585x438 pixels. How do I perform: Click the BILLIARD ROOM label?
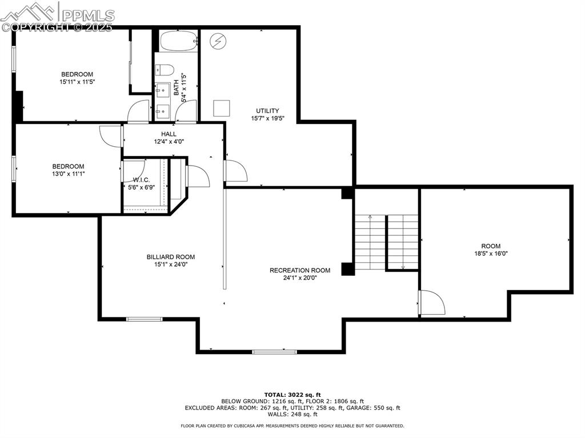170,257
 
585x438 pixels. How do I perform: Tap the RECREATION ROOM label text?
300,270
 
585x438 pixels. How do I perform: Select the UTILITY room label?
267,111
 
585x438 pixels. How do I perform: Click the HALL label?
169,134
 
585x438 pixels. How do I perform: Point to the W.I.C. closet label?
141,180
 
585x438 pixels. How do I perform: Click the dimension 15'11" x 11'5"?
77,82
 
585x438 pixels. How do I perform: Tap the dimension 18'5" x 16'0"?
491,254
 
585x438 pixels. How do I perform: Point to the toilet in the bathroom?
165,70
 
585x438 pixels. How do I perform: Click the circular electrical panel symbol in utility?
217,41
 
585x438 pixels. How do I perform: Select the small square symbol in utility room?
221,108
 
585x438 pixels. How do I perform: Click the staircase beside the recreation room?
386,242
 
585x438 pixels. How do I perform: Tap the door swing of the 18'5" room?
431,302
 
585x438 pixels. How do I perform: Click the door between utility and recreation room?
235,171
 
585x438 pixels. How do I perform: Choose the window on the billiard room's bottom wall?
144,319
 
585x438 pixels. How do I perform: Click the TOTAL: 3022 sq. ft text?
292,395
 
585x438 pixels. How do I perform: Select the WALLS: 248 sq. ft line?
292,414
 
